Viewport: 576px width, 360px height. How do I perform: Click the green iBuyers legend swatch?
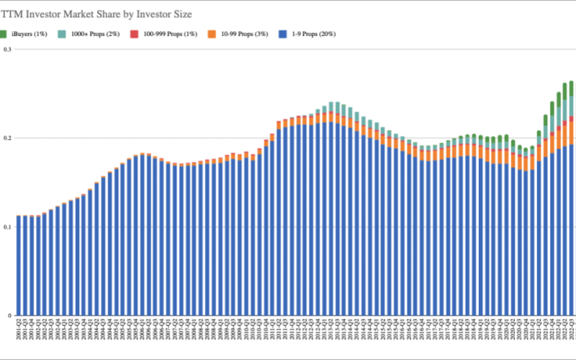point(4,33)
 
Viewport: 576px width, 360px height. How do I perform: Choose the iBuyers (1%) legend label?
point(29,34)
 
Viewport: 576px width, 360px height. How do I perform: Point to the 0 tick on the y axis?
point(9,315)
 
